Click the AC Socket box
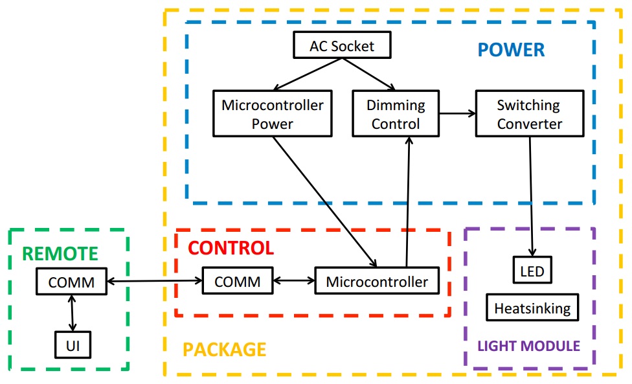[341, 47]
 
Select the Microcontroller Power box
[272, 114]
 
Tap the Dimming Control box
[396, 114]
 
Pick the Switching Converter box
[529, 114]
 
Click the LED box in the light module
[533, 271]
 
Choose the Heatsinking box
[532, 308]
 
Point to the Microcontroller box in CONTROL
[377, 282]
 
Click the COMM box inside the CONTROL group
[237, 282]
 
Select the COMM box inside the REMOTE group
[71, 282]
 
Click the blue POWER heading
[511, 50]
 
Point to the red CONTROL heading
[231, 248]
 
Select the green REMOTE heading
[61, 254]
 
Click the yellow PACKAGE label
[224, 350]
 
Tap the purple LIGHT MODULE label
[528, 345]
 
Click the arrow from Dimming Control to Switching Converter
[457, 114]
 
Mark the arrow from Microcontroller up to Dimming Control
[408, 201]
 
